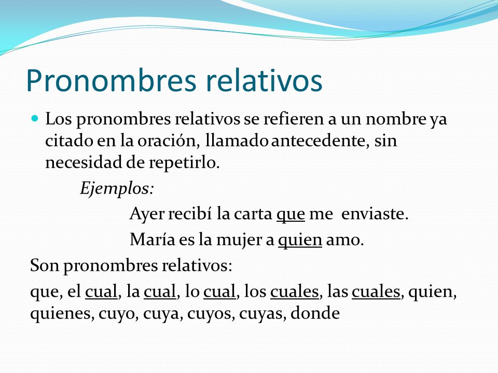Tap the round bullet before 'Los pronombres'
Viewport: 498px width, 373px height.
coord(35,119)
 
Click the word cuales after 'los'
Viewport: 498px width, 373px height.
coord(294,293)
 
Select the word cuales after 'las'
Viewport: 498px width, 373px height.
coord(376,293)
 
